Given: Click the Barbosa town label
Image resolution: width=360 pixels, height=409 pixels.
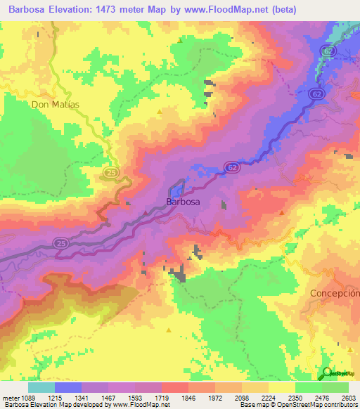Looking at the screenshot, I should click(x=183, y=202).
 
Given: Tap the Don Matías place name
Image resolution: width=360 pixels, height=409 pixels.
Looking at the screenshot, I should click(x=56, y=104).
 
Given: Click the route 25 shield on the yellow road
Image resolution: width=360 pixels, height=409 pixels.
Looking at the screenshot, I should click(x=112, y=171).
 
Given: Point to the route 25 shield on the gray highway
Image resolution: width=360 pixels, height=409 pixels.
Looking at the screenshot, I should click(x=60, y=242).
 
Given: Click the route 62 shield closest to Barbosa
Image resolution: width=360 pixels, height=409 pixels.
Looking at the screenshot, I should click(x=231, y=167).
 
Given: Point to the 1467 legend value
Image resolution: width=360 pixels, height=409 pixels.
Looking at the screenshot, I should click(x=108, y=398).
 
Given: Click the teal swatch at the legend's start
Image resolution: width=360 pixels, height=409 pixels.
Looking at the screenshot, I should click(x=41, y=387).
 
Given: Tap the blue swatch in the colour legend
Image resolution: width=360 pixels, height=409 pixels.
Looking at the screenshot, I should click(x=68, y=387).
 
